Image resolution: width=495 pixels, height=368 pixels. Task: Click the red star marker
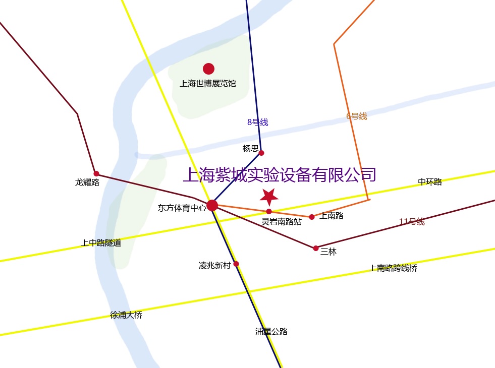click(269, 197)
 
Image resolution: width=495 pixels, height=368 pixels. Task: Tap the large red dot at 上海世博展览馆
click(208, 69)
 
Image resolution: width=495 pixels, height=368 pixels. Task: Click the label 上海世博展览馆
click(208, 84)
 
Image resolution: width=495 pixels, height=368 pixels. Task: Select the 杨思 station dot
click(261, 153)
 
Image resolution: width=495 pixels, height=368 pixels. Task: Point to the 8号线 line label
click(257, 122)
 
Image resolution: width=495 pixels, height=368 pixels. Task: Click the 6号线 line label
click(356, 116)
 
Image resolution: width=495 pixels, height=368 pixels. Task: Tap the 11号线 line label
click(412, 222)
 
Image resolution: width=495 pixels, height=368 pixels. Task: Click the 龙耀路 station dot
click(96, 173)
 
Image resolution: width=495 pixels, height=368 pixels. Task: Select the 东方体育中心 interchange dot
click(212, 205)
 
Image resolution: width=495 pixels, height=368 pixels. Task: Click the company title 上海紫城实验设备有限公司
click(280, 175)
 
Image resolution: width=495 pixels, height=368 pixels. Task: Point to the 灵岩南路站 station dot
click(269, 211)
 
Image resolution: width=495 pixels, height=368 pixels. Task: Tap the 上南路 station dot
click(312, 217)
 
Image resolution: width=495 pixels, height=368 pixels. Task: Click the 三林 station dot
click(316, 248)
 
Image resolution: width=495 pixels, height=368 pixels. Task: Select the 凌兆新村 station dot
click(236, 264)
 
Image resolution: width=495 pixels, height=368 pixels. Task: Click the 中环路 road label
click(429, 182)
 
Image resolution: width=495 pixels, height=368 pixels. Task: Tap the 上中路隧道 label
click(101, 243)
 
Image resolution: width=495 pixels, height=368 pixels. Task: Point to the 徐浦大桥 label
click(126, 315)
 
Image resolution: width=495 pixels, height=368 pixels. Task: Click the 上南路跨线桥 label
click(393, 268)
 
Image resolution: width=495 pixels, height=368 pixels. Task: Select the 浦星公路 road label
click(271, 332)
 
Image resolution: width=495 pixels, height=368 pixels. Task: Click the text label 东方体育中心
click(182, 208)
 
